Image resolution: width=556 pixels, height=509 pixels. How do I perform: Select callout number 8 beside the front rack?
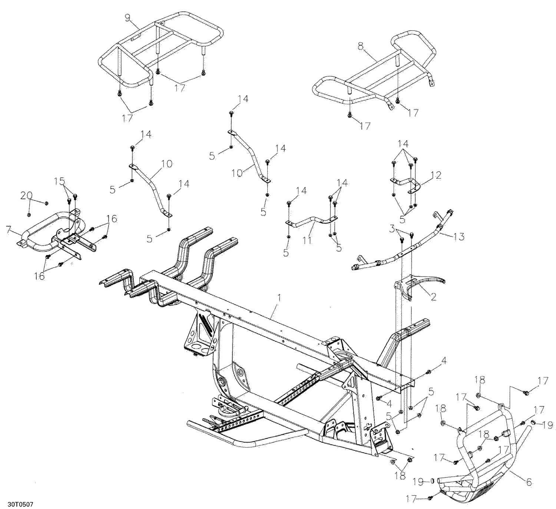tap(361, 46)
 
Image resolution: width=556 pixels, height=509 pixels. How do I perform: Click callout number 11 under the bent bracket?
tap(306, 241)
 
